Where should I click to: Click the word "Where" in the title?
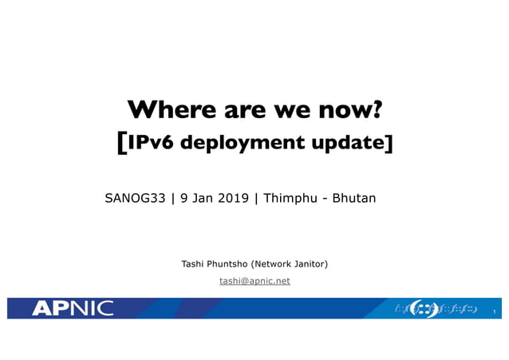pos(164,109)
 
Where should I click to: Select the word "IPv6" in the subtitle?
pos(152,143)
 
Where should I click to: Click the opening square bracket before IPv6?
pos(121,143)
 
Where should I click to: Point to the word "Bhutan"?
pos(354,198)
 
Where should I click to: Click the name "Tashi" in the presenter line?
pos(195,263)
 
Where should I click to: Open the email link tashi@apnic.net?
pos(254,281)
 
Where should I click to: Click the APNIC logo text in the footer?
pos(73,308)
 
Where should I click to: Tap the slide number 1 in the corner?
pos(495,311)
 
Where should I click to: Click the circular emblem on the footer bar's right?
pos(423,308)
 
